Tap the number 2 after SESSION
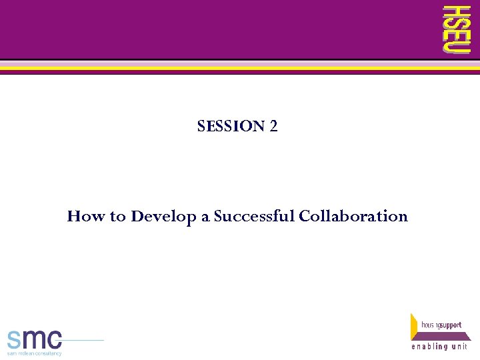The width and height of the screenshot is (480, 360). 273,126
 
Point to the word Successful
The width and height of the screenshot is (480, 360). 255,216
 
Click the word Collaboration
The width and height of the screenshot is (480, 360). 353,216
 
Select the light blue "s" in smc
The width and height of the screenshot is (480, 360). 15,339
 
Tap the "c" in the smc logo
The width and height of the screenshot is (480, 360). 55,339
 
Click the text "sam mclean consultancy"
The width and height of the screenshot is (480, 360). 35,353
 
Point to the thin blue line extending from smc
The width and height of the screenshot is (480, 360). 83,341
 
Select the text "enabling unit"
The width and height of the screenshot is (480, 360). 439,347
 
